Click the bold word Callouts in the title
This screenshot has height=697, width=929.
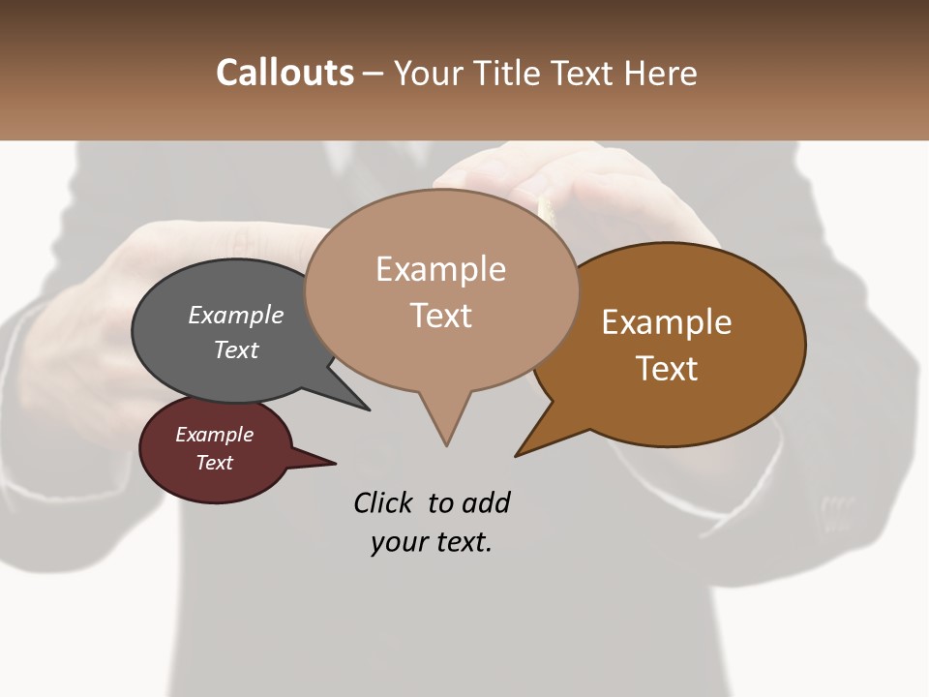[x=285, y=73]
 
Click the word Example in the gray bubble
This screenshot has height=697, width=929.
[x=236, y=316]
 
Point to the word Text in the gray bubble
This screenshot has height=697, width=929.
[x=236, y=349]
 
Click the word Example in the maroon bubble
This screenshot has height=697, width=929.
[x=214, y=435]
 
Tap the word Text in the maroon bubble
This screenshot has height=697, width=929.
[x=214, y=463]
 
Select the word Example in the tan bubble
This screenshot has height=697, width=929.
[x=440, y=269]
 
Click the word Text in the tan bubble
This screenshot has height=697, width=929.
[x=440, y=316]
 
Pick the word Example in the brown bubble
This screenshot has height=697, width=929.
[x=667, y=322]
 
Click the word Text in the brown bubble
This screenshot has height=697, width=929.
[x=667, y=369]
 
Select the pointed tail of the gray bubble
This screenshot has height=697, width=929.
[x=367, y=409]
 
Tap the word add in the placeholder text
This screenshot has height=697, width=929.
[x=487, y=502]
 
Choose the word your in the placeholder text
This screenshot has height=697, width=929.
[x=398, y=542]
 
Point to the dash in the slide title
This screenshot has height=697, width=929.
[x=374, y=74]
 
